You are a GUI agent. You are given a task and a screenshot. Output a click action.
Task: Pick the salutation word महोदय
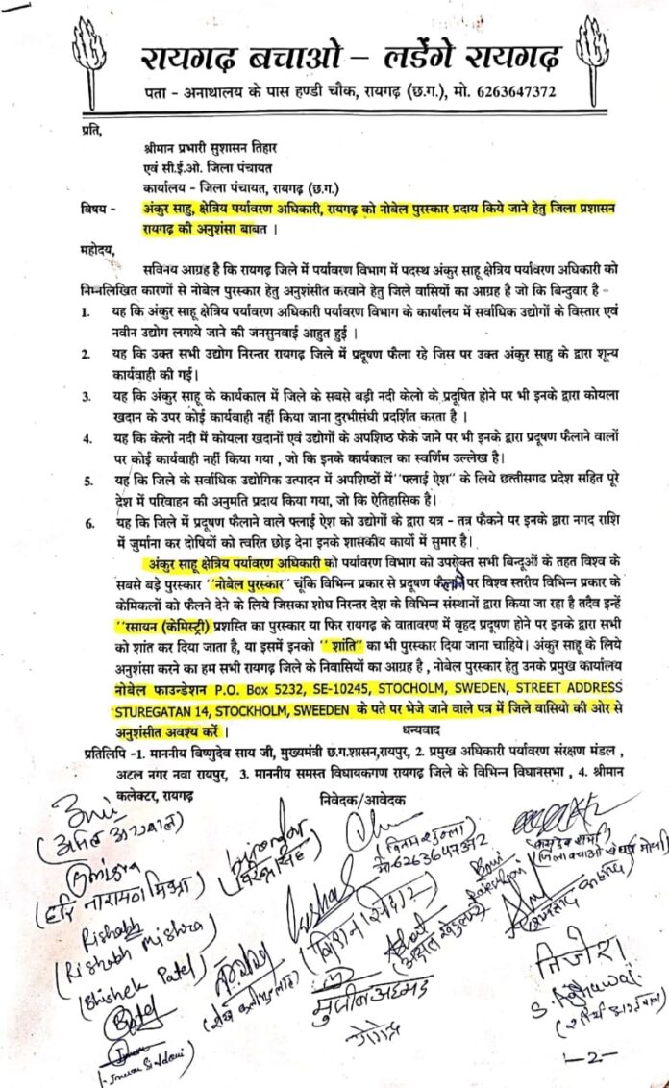[x=104, y=253]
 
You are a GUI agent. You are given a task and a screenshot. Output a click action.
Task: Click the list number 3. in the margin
[x=87, y=397]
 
